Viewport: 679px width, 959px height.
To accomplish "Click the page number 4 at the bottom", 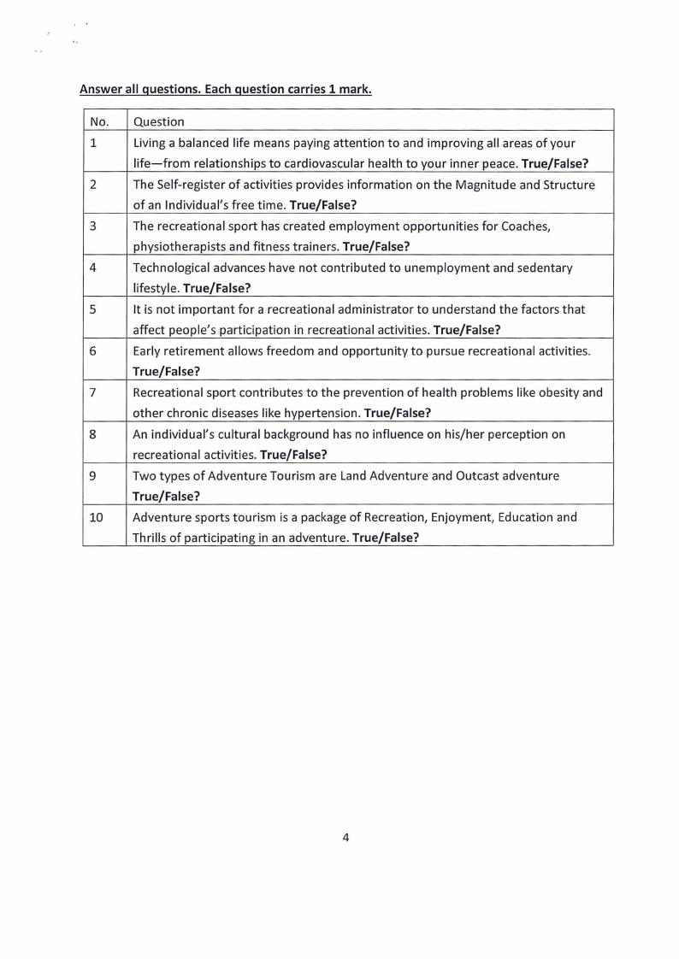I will pyautogui.click(x=345, y=838).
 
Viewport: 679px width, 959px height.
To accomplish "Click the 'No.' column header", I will pyautogui.click(x=99, y=121).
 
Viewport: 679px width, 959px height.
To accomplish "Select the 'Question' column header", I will pyautogui.click(x=158, y=121).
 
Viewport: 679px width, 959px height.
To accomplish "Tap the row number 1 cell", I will pyautogui.click(x=92, y=143).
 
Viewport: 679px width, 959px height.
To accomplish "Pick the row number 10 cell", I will pyautogui.click(x=96, y=517).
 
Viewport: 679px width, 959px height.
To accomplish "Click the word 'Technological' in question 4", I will pyautogui.click(x=172, y=268).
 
